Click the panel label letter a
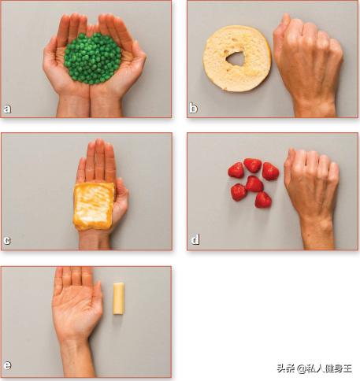pyautogui.click(x=7, y=109)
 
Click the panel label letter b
pyautogui.click(x=193, y=108)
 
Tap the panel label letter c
pyautogui.click(x=7, y=240)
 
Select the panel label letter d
pyautogui.click(x=195, y=239)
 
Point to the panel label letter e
pyautogui.click(x=7, y=365)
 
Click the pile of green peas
pyautogui.click(x=92, y=58)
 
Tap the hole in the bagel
pyautogui.click(x=236, y=58)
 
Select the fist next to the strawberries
pyautogui.click(x=311, y=181)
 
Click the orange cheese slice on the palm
pyautogui.click(x=94, y=206)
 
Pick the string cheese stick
pyautogui.click(x=118, y=298)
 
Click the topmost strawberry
pyautogui.click(x=253, y=165)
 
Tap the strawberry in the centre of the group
pyautogui.click(x=254, y=183)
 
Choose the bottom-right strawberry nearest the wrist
pyautogui.click(x=263, y=200)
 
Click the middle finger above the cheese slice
pyautogui.click(x=99, y=159)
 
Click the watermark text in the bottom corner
pyautogui.click(x=314, y=368)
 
